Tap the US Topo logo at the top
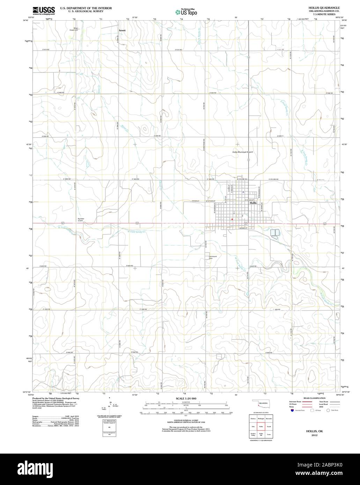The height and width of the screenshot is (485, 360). click(x=186, y=12)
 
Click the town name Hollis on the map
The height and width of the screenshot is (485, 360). click(x=254, y=203)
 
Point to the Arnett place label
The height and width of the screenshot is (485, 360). click(x=122, y=30)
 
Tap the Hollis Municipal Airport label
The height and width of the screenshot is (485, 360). click(x=243, y=152)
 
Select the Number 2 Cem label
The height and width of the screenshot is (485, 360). click(x=81, y=220)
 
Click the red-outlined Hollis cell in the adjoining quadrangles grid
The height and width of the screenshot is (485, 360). click(x=261, y=426)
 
